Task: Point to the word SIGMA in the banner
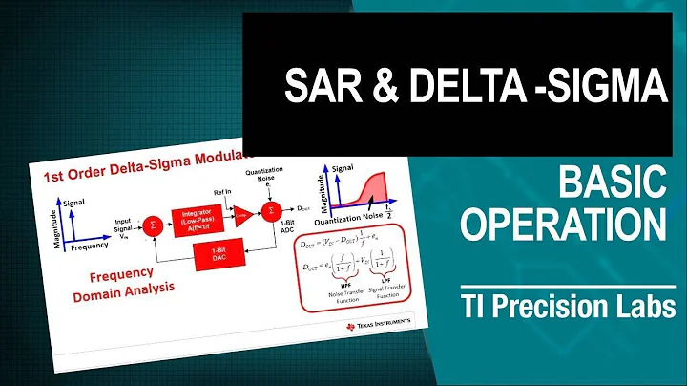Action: pos(595,89)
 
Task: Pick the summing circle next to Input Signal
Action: pos(152,225)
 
